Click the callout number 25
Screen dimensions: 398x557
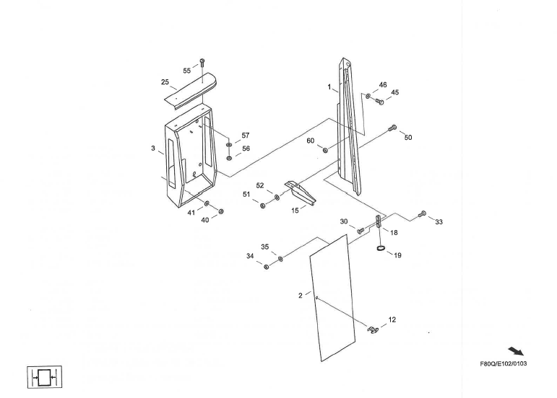pyautogui.click(x=165, y=82)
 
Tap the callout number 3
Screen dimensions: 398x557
pyautogui.click(x=153, y=149)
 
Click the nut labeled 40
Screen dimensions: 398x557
pyautogui.click(x=221, y=211)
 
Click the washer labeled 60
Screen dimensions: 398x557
pyautogui.click(x=326, y=150)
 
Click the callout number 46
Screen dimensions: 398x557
pyautogui.click(x=383, y=85)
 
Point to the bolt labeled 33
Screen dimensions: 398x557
pyautogui.click(x=423, y=213)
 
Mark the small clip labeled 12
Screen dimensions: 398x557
pyautogui.click(x=374, y=329)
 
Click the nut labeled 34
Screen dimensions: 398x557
pyautogui.click(x=267, y=267)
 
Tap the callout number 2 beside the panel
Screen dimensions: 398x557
pyautogui.click(x=301, y=295)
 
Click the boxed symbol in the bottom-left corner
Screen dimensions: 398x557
pyautogui.click(x=45, y=376)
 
